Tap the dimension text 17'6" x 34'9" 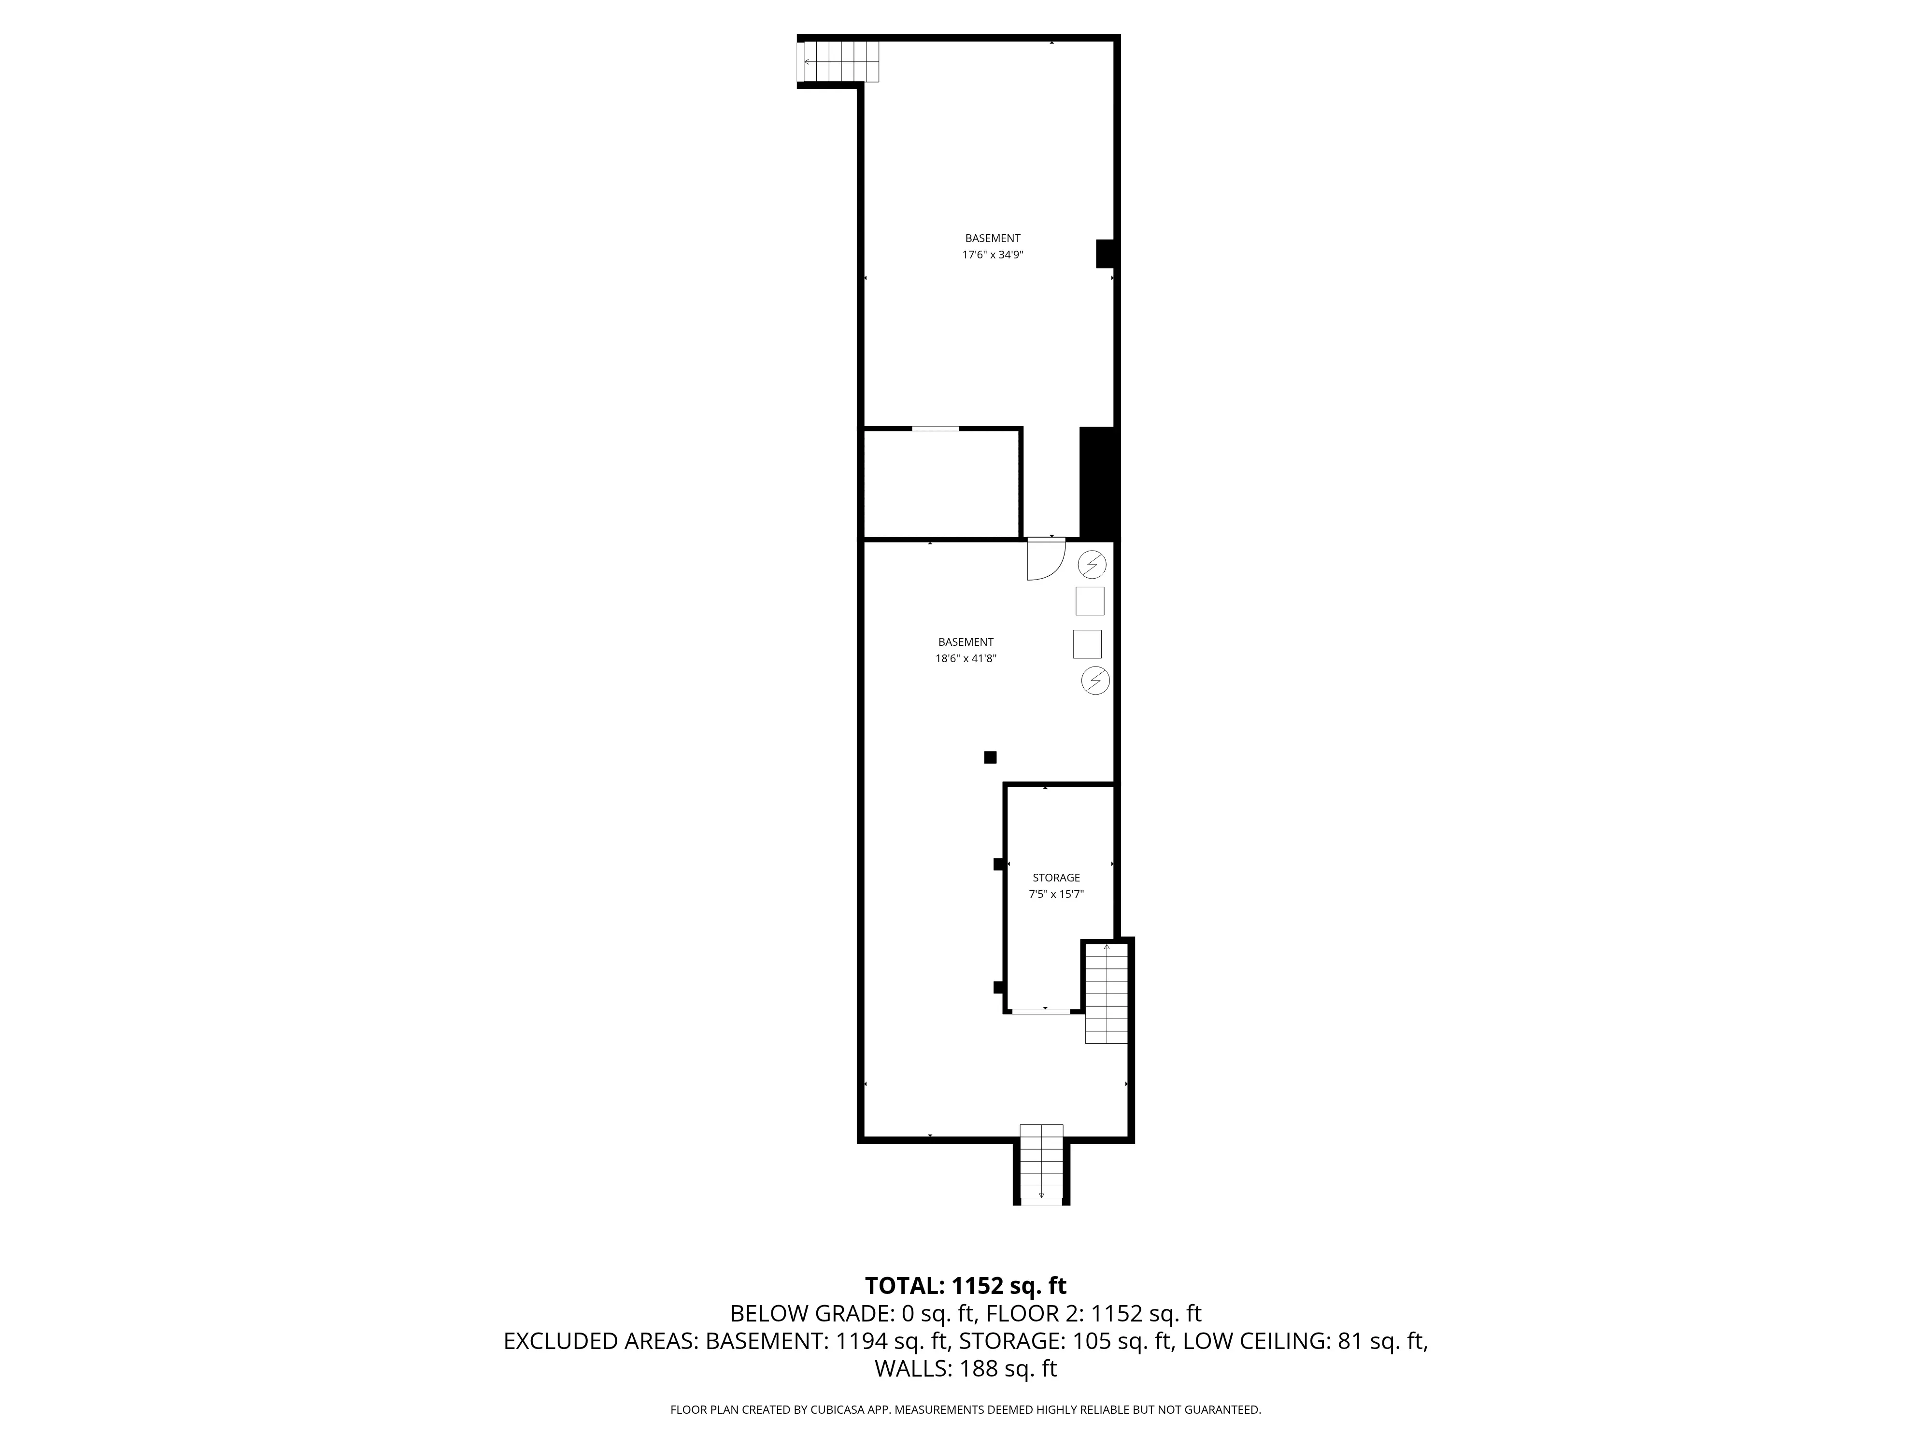[992, 255]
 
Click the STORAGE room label [1056, 878]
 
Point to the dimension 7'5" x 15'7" [1056, 895]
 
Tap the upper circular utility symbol [1092, 565]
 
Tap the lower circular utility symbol [1095, 681]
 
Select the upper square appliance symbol [1089, 601]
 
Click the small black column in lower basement [990, 757]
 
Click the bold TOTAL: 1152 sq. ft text [965, 1286]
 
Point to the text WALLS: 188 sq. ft [965, 1369]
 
